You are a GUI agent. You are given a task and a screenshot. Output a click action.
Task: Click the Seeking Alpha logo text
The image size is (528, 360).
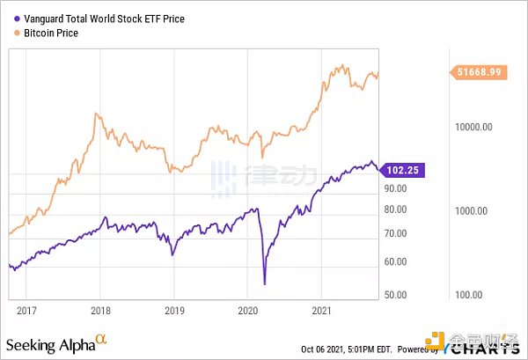click(53, 342)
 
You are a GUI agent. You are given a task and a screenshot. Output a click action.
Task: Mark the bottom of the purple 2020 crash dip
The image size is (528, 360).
click(265, 283)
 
